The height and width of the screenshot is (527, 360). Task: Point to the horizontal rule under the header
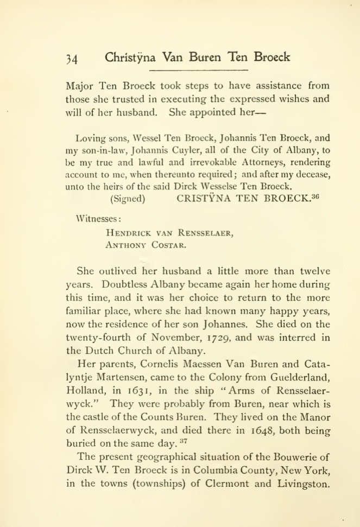point(198,71)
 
